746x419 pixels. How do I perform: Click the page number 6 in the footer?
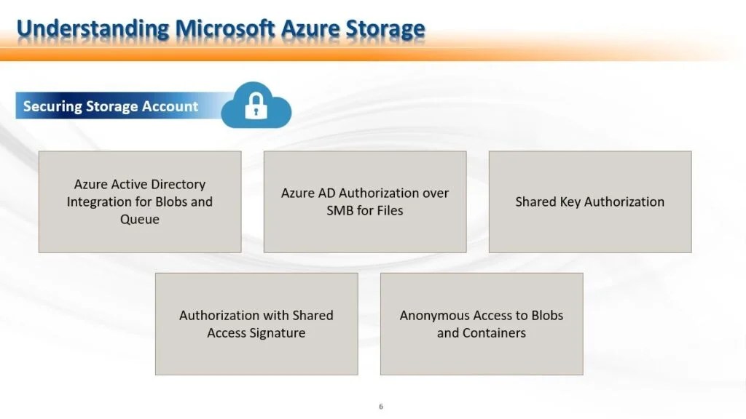[380, 407]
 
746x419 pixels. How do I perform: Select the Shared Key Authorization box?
[589, 201]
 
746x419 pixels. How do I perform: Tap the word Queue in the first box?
[139, 219]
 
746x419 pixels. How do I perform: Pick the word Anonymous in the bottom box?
[434, 315]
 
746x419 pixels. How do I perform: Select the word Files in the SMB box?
[386, 210]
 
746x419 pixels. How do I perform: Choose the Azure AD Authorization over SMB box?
[364, 201]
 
